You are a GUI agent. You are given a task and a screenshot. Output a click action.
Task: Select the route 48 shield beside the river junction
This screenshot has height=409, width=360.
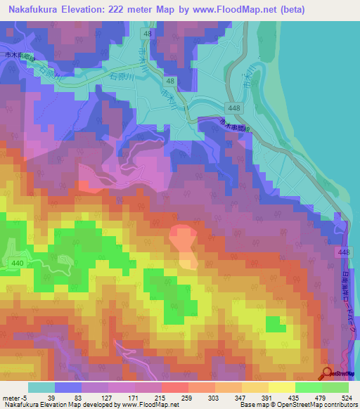(171, 82)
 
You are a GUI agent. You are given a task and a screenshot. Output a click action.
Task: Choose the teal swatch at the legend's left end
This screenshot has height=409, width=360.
(41, 387)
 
